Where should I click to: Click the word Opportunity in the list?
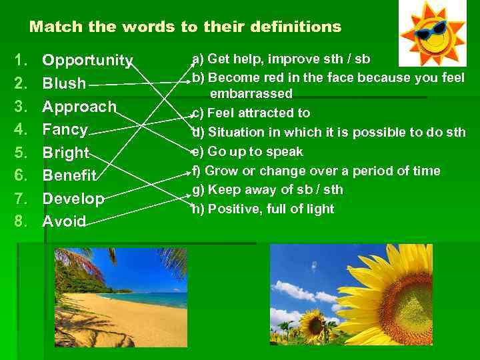tap(87, 61)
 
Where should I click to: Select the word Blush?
tap(64, 84)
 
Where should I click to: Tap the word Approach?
tap(79, 107)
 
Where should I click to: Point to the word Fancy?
tap(65, 129)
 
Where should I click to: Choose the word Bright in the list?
tap(65, 153)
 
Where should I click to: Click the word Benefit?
tap(69, 176)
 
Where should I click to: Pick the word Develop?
tap(73, 199)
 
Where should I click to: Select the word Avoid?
tap(64, 221)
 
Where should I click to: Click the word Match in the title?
tap(53, 27)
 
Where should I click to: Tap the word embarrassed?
tap(251, 93)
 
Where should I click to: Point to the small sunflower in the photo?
tap(312, 323)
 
